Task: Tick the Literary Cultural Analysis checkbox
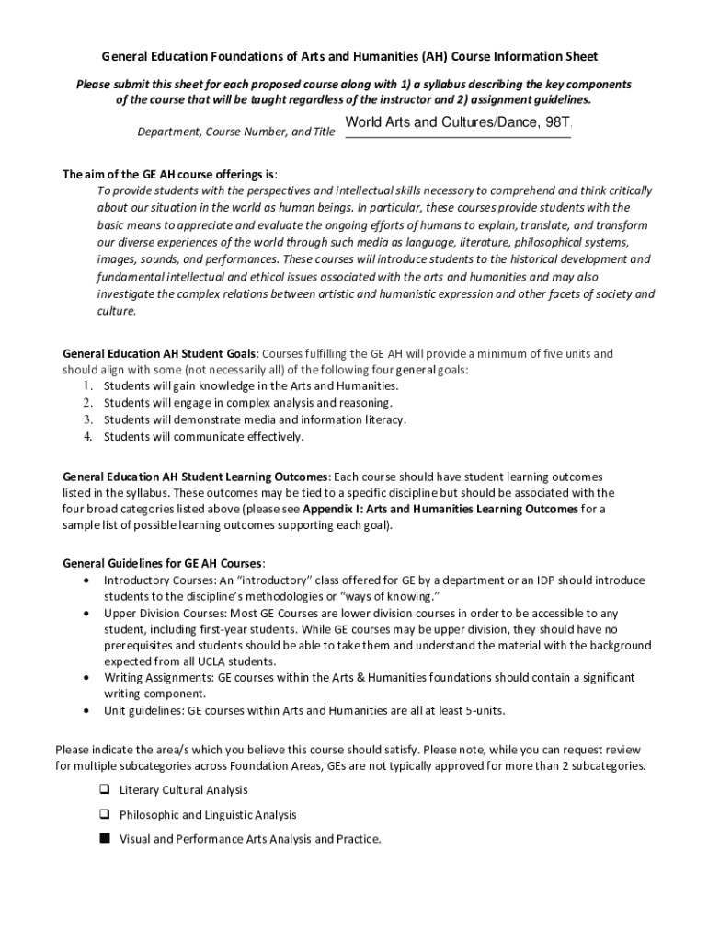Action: pyautogui.click(x=104, y=790)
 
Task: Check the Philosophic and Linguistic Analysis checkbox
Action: pyautogui.click(x=104, y=814)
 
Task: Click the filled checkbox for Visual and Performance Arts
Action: pyautogui.click(x=104, y=838)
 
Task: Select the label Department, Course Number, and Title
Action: pyautogui.click(x=236, y=132)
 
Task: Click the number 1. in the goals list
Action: pyautogui.click(x=86, y=385)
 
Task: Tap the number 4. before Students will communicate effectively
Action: pyautogui.click(x=86, y=436)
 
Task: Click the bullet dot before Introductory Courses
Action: pyautogui.click(x=86, y=580)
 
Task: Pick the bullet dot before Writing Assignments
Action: pyautogui.click(x=86, y=677)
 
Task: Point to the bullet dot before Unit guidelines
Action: pyautogui.click(x=86, y=710)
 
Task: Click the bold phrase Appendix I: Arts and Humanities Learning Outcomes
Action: pyautogui.click(x=440, y=509)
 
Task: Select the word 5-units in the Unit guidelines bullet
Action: pyautogui.click(x=483, y=710)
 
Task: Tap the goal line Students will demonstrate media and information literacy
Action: pyautogui.click(x=255, y=419)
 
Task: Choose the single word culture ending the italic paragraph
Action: pyautogui.click(x=116, y=312)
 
